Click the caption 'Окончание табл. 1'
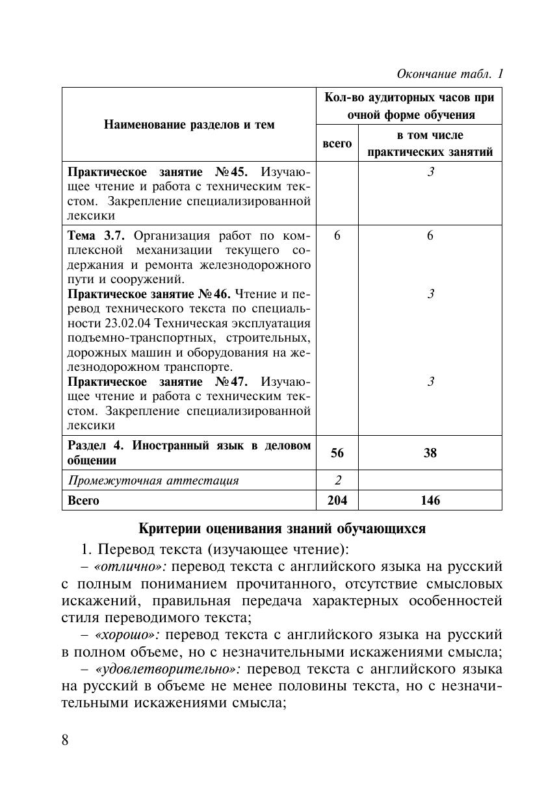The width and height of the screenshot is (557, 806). click(450, 74)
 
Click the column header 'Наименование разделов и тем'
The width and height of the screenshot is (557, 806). click(188, 125)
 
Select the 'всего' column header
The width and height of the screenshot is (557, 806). click(337, 144)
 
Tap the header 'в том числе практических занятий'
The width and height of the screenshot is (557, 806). click(430, 144)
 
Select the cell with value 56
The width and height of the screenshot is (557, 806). click(337, 453)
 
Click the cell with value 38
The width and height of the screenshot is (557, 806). click(430, 453)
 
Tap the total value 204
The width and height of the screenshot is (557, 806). click(337, 500)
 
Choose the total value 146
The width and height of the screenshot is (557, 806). click(430, 500)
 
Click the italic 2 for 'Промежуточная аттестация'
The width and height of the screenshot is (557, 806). click(337, 481)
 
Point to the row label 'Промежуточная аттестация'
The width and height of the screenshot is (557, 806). click(153, 481)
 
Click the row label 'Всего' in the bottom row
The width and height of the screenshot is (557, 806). click(84, 500)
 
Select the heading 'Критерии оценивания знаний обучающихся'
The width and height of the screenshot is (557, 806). click(282, 528)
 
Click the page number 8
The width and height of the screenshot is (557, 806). click(65, 740)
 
